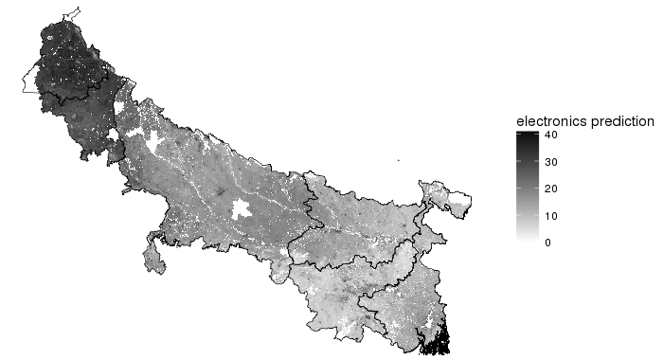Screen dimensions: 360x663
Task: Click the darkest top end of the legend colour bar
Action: (527, 135)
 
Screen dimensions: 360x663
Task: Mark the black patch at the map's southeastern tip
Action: (437, 340)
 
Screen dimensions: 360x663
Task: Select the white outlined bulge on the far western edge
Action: (29, 81)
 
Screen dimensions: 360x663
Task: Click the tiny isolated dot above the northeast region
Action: (399, 161)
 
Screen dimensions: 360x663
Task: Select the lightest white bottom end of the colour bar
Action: (527, 243)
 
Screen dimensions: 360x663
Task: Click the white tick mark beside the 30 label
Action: (536, 162)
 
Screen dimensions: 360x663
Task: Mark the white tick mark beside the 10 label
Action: (536, 216)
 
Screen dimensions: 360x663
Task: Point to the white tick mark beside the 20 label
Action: (536, 189)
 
